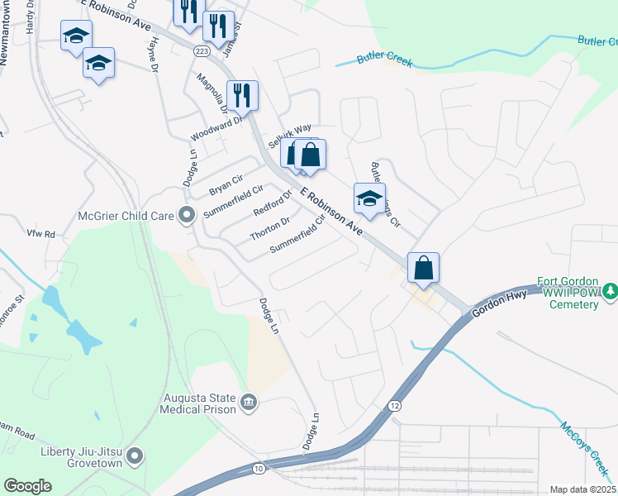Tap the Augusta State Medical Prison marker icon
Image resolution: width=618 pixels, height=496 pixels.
pyautogui.click(x=249, y=403)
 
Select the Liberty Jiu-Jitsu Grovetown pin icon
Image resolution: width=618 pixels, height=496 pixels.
pyautogui.click(x=135, y=455)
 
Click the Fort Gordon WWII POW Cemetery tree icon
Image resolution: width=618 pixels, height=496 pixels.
pyautogui.click(x=610, y=291)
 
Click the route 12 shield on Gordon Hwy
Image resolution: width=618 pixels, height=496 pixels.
pyautogui.click(x=394, y=405)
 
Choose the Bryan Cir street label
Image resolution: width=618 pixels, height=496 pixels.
pyautogui.click(x=226, y=184)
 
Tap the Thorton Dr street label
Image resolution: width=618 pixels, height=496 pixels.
pyautogui.click(x=270, y=228)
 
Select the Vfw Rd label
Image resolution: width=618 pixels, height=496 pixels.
pyautogui.click(x=40, y=234)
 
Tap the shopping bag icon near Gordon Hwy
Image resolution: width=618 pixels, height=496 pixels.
pyautogui.click(x=423, y=267)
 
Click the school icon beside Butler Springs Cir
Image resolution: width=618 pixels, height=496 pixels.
pyautogui.click(x=369, y=198)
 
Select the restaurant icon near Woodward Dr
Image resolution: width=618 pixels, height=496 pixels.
pyautogui.click(x=242, y=95)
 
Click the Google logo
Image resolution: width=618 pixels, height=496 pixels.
pyautogui.click(x=27, y=486)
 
